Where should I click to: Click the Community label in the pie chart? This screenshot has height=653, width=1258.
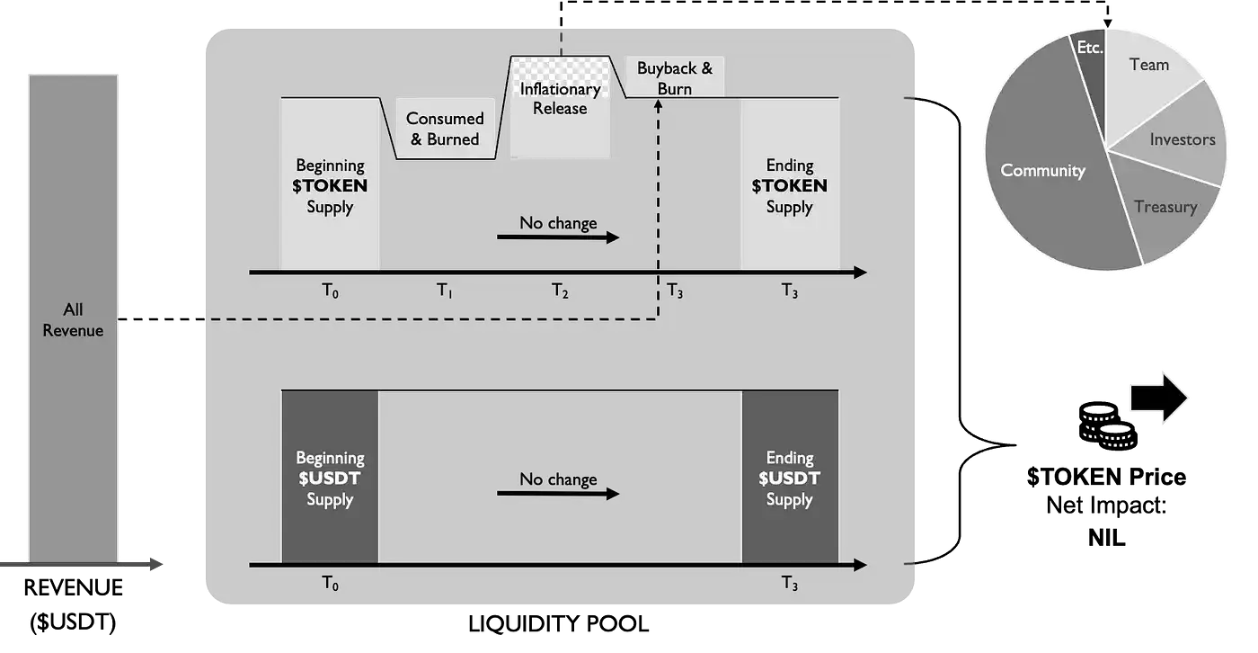click(x=1042, y=170)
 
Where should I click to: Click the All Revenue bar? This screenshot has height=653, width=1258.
click(x=73, y=318)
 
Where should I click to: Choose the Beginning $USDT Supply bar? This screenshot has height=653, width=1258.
click(x=331, y=477)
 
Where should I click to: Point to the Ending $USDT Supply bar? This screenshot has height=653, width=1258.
click(x=790, y=477)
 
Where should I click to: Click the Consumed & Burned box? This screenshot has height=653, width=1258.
click(x=445, y=128)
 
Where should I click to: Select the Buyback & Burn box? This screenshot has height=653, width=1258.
click(x=675, y=77)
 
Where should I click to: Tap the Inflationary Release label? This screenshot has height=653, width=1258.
click(x=560, y=98)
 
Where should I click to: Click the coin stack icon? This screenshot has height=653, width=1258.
click(x=1107, y=425)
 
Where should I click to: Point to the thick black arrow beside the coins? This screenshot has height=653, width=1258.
click(x=1158, y=398)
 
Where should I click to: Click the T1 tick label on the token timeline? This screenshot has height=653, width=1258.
click(x=445, y=291)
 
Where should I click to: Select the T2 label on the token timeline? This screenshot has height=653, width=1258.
click(x=560, y=291)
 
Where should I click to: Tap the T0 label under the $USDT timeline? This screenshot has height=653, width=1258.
click(x=331, y=584)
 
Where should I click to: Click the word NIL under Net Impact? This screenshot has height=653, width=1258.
click(x=1106, y=538)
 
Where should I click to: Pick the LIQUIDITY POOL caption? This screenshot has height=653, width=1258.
click(x=558, y=624)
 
